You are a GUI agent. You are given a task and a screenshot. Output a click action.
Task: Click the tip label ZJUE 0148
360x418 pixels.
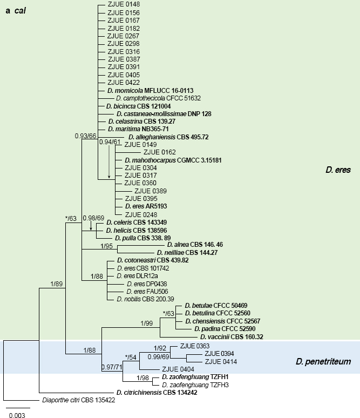click(124, 5)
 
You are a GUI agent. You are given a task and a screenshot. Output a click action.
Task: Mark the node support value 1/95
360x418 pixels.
click(107, 247)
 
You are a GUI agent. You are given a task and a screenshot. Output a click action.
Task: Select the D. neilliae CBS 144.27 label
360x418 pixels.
click(189, 252)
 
